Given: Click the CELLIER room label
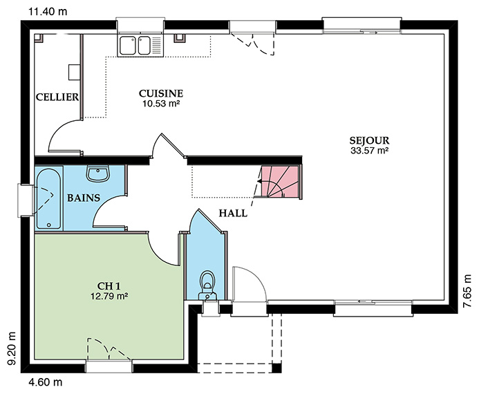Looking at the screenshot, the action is [57, 97].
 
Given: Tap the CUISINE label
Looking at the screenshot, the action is [161, 93].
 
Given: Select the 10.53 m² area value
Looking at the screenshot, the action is [161, 104].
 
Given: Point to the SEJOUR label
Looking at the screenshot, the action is [369, 140].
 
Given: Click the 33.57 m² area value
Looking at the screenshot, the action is [369, 150].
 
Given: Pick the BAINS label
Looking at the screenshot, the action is [84, 198].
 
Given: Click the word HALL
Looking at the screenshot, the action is [233, 213].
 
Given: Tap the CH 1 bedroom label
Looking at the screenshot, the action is [109, 286].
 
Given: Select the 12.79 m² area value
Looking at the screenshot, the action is [109, 296].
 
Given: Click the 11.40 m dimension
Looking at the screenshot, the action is [48, 12].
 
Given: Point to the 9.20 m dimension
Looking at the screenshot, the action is [12, 349].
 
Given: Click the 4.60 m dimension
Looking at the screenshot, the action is [46, 382].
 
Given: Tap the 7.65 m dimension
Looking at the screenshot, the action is [467, 292].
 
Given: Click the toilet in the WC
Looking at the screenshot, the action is [208, 285].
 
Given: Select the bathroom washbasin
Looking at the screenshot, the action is [97, 173].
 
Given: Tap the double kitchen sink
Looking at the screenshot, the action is [141, 46].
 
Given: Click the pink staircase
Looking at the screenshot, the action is [280, 182].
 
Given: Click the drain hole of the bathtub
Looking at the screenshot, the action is [49, 225].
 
